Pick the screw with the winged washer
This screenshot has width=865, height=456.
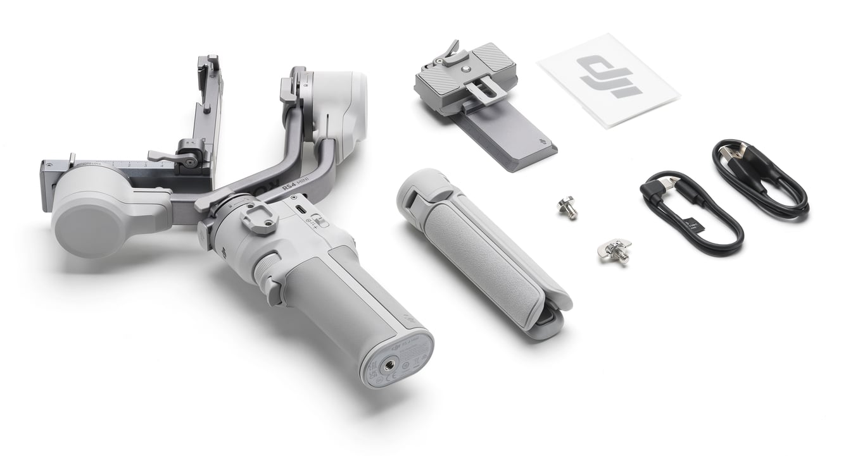tap(614, 250)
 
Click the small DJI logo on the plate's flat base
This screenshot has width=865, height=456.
tap(541, 142)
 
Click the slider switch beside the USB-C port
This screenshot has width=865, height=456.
tap(320, 221)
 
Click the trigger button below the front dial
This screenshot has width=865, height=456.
tap(273, 290)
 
